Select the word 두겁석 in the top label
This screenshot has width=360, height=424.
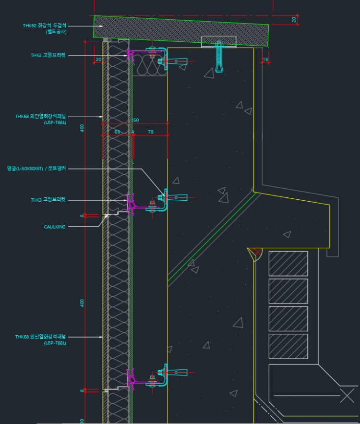(x=59, y=25)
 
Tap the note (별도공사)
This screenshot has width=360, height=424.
(x=56, y=32)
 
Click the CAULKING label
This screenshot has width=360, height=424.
(x=55, y=227)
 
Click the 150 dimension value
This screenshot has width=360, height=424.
(x=135, y=120)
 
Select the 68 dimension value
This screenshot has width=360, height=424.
(x=117, y=132)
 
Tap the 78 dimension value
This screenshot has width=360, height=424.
(x=151, y=132)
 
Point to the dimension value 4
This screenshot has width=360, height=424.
(x=132, y=132)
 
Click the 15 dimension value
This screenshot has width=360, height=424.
(x=265, y=60)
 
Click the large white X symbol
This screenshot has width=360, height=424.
(x=347, y=396)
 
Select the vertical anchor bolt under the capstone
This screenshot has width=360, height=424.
(x=219, y=57)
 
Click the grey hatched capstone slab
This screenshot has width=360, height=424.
(x=182, y=30)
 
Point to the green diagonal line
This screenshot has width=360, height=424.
(x=211, y=235)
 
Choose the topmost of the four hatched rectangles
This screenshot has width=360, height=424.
(x=288, y=264)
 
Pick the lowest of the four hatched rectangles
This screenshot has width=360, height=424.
(x=288, y=346)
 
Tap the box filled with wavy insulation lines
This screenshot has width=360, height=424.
(x=149, y=64)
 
